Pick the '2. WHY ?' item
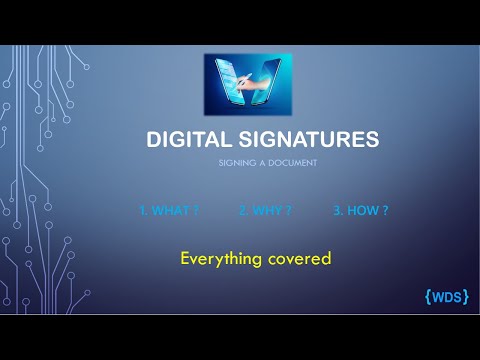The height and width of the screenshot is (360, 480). tap(265, 212)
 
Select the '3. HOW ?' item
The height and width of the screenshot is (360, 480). tap(361, 212)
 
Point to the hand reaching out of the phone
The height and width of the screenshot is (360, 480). tap(257, 89)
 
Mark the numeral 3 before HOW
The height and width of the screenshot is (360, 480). tap(335, 212)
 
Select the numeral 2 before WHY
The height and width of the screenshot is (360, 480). tap(241, 212)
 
